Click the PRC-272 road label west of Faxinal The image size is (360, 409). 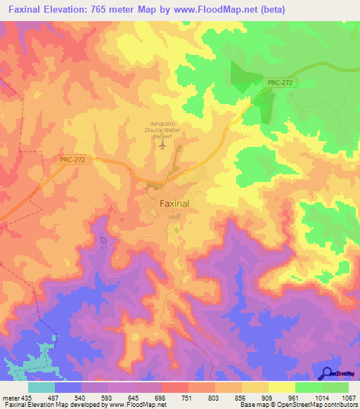point(73,160)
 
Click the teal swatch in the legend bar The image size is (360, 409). point(41,387)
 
